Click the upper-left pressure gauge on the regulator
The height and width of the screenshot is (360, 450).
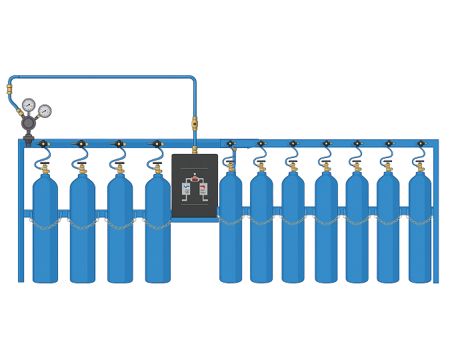tap(29, 105)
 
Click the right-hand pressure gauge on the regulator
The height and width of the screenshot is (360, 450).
tap(45, 111)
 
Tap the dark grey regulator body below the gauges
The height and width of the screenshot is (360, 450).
tap(30, 124)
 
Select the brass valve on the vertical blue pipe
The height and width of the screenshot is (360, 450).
tap(195, 123)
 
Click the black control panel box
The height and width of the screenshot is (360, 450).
tap(195, 186)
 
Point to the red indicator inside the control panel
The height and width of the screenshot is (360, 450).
tap(195, 178)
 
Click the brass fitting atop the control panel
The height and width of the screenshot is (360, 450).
tap(195, 150)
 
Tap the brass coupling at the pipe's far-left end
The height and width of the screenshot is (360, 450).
tap(9, 87)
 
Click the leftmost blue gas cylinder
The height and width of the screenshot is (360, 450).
tap(45, 233)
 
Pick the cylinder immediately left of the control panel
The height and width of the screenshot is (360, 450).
tap(158, 233)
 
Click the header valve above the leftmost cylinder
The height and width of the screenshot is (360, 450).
tap(42, 143)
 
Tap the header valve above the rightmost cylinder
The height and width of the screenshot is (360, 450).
tap(420, 143)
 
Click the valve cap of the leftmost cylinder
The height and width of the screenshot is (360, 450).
tap(45, 169)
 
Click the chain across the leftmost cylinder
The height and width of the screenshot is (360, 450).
tap(45, 226)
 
